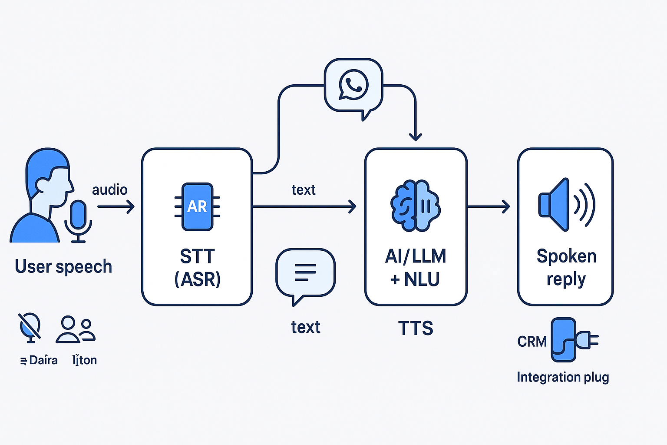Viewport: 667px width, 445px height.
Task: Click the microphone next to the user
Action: (x=78, y=219)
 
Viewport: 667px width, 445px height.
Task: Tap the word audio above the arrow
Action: (x=109, y=190)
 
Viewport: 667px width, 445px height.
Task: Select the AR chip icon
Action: (x=197, y=206)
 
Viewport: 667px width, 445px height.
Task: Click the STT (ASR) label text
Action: (x=198, y=268)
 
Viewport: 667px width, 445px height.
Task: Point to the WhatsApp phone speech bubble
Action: (x=353, y=87)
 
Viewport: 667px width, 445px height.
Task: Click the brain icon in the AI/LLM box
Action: (x=416, y=205)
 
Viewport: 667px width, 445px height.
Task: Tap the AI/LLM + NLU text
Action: (x=416, y=268)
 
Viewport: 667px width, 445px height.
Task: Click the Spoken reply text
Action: (x=566, y=268)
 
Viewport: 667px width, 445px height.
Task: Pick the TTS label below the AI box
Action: (x=416, y=329)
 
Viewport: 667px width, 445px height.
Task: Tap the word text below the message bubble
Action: (x=306, y=327)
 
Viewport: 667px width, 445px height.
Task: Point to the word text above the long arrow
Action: (x=304, y=190)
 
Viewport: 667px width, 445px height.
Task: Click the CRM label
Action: (x=532, y=342)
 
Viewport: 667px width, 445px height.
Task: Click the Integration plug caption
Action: (x=563, y=377)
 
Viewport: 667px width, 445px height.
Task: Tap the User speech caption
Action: (x=63, y=266)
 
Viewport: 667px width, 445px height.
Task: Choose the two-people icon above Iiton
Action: (x=76, y=330)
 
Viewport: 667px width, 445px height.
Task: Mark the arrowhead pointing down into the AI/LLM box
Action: (x=416, y=136)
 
